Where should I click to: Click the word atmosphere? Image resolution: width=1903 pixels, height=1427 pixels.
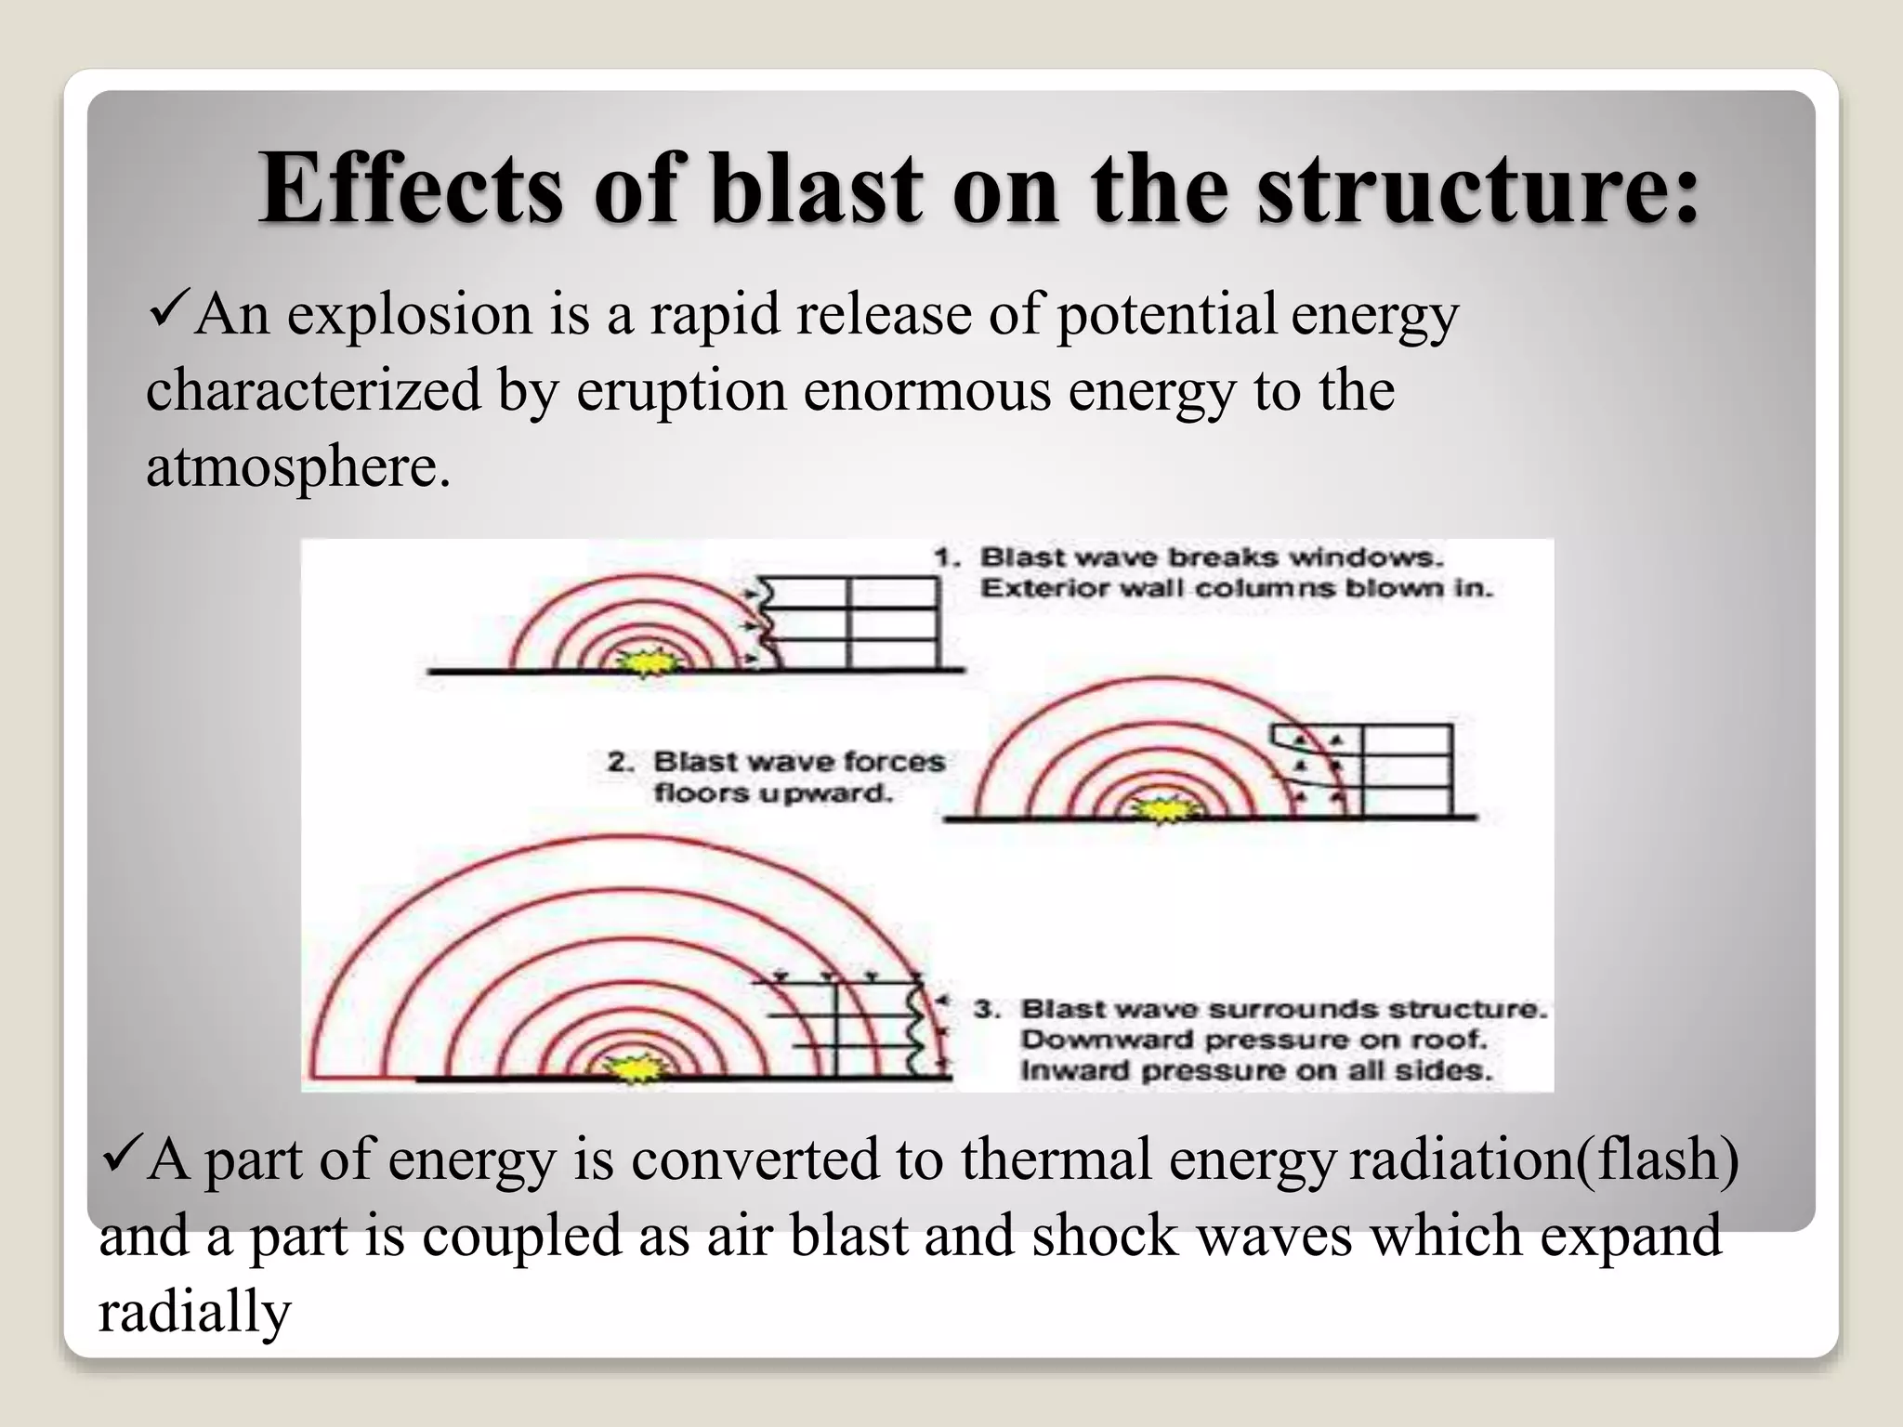pyautogui.click(x=297, y=466)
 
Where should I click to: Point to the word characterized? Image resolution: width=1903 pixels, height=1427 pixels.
pyautogui.click(x=313, y=390)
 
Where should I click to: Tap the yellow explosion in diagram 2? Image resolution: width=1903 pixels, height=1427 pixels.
pyautogui.click(x=1161, y=810)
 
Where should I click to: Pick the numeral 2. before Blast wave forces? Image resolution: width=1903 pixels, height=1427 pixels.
pyautogui.click(x=621, y=762)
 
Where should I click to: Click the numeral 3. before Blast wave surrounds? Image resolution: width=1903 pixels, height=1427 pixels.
pyautogui.click(x=987, y=1009)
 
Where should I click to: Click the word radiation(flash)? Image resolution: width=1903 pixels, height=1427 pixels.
pyautogui.click(x=1543, y=1159)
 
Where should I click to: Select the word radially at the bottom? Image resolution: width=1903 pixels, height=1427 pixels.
pyautogui.click(x=194, y=1312)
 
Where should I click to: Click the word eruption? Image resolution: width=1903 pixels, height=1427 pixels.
pyautogui.click(x=681, y=390)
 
